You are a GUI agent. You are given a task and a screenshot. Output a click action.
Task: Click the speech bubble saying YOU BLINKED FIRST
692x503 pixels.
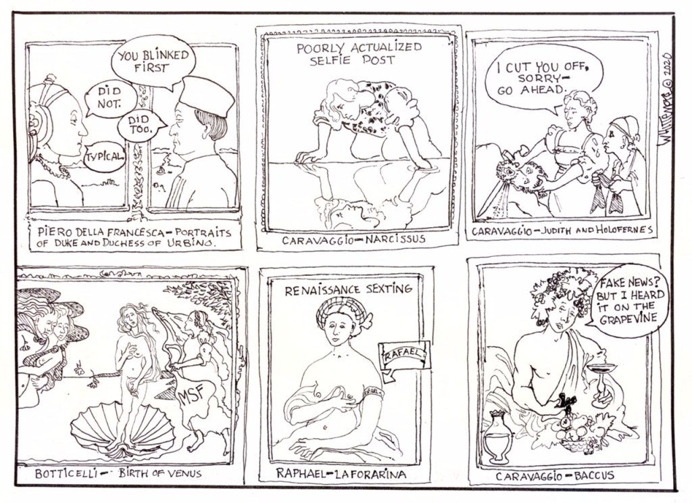(153, 63)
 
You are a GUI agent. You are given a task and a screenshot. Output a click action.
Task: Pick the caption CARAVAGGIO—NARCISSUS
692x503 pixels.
(353, 240)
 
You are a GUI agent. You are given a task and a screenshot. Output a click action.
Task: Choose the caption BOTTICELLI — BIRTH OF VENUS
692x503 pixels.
(118, 474)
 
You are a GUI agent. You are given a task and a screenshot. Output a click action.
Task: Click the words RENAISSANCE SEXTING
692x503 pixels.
(348, 290)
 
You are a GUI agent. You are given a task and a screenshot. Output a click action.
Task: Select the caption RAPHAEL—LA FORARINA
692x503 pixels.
(341, 473)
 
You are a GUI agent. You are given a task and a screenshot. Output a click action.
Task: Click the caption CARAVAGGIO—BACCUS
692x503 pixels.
(555, 476)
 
